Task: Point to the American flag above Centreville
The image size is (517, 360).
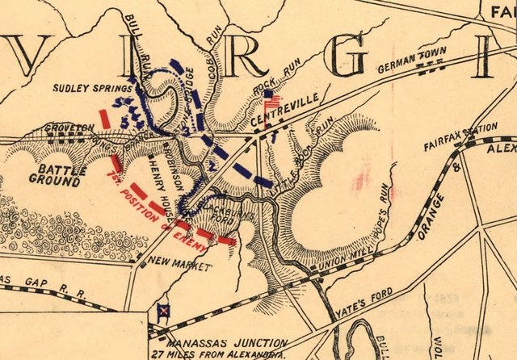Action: (271, 101)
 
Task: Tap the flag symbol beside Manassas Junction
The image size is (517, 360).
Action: (162, 311)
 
